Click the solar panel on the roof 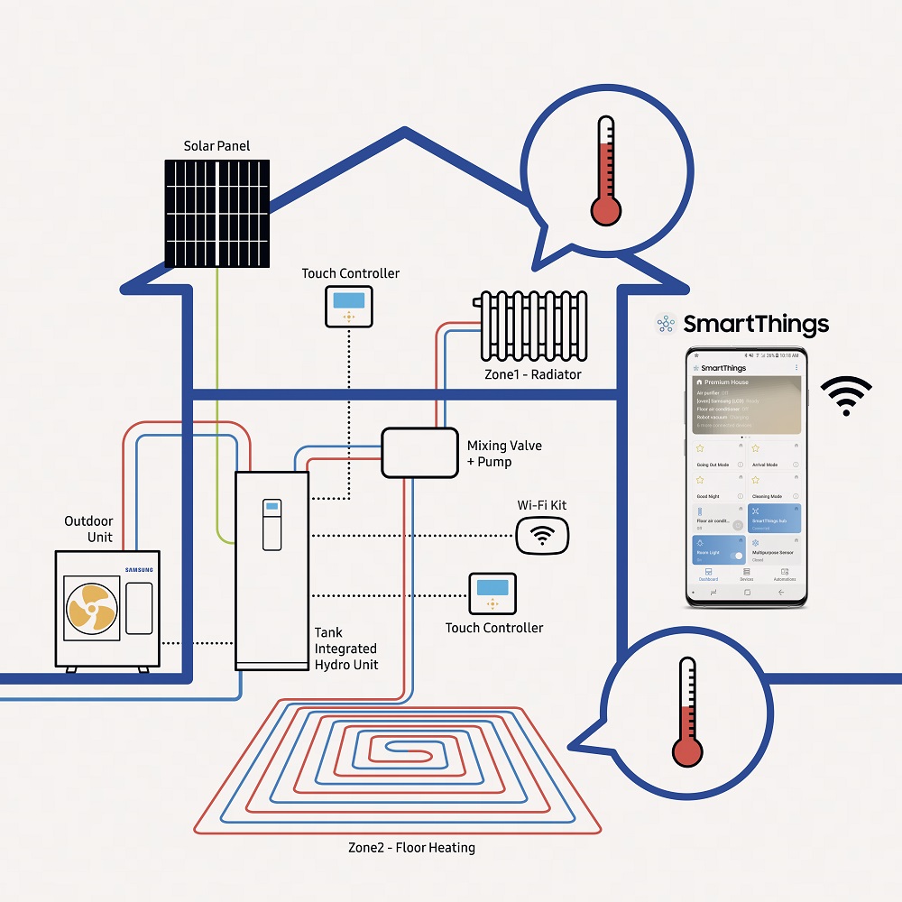pyautogui.click(x=217, y=213)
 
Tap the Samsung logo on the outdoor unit pyautogui.click(x=139, y=569)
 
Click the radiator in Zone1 pyautogui.click(x=530, y=325)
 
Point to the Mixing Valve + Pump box pyautogui.click(x=419, y=452)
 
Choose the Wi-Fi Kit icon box pyautogui.click(x=542, y=536)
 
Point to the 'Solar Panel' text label pyautogui.click(x=216, y=146)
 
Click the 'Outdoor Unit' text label pyautogui.click(x=88, y=529)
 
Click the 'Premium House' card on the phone pyautogui.click(x=745, y=403)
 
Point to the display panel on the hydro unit pyautogui.click(x=272, y=524)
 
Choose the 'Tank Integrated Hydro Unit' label pyautogui.click(x=346, y=649)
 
